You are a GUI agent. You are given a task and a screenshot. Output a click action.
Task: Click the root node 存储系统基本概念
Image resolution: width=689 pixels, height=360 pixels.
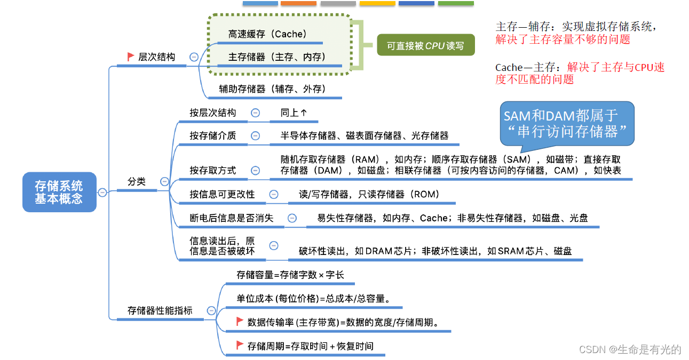point(59,192)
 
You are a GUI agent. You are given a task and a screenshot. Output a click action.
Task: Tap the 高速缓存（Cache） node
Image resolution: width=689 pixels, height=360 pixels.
point(267,34)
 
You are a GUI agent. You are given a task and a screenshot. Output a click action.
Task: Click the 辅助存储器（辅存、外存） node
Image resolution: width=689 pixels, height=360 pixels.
point(272,89)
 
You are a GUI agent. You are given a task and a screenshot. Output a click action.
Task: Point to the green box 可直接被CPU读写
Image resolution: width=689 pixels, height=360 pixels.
point(425,46)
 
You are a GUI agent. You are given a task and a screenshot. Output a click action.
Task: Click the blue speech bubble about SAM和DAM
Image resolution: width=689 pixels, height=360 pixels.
point(567,123)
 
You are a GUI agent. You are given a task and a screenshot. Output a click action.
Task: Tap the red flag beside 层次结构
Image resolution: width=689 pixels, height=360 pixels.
point(131,56)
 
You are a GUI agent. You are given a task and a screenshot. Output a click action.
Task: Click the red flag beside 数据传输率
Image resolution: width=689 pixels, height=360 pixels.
point(240,322)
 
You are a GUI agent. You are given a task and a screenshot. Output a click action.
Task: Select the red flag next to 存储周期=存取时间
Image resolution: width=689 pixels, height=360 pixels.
point(240,346)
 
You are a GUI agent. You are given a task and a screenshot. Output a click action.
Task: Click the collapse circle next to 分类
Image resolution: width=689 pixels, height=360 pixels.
point(164,181)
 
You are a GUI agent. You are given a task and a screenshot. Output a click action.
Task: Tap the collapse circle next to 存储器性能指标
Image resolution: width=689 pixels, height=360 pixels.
point(211,310)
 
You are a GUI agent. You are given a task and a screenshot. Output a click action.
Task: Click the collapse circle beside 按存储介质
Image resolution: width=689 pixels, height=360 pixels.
point(256,136)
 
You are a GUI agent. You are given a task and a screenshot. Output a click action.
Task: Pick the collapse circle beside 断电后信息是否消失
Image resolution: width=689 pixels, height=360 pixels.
point(292,218)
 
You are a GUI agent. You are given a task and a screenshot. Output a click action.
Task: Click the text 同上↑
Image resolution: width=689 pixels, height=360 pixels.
point(294,113)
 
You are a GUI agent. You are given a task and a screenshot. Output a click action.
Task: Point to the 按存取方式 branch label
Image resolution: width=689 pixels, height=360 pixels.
point(212,170)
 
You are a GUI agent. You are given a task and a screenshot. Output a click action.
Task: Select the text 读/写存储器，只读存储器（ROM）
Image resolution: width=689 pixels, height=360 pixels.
point(369,194)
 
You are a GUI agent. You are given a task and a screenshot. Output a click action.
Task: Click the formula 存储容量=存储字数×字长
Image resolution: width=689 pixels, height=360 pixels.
point(290,275)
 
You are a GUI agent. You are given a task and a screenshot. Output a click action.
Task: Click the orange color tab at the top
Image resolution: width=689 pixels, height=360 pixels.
point(298,3)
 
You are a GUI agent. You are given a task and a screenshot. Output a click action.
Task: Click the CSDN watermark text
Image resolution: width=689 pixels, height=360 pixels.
point(630,349)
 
